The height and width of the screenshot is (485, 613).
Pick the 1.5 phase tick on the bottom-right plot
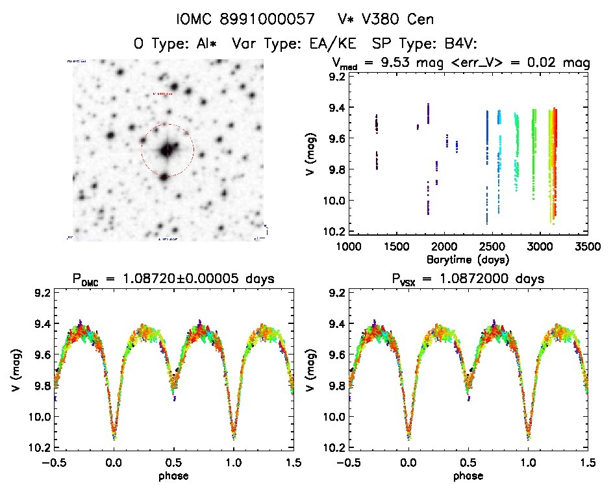(x=588, y=462)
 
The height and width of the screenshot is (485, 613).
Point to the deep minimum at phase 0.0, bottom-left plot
(x=114, y=436)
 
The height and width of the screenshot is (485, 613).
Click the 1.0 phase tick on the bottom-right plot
(x=528, y=462)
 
